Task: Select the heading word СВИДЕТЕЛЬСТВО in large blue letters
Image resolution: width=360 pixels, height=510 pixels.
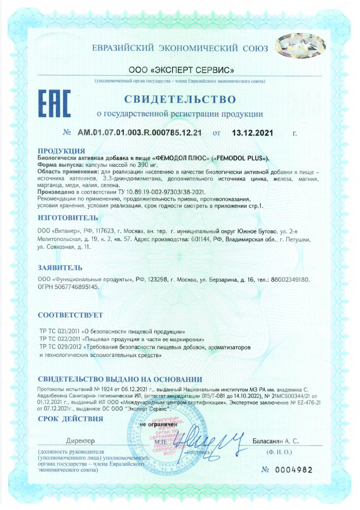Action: pyautogui.click(x=180, y=99)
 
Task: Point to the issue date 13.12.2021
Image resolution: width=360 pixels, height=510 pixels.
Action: pyautogui.click(x=252, y=133)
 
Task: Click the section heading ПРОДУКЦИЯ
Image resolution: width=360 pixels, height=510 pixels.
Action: pyautogui.click(x=61, y=151)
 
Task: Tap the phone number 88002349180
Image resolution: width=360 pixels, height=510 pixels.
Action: pyautogui.click(x=290, y=280)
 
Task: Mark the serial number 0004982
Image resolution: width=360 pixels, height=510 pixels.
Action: pyautogui.click(x=295, y=470)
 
